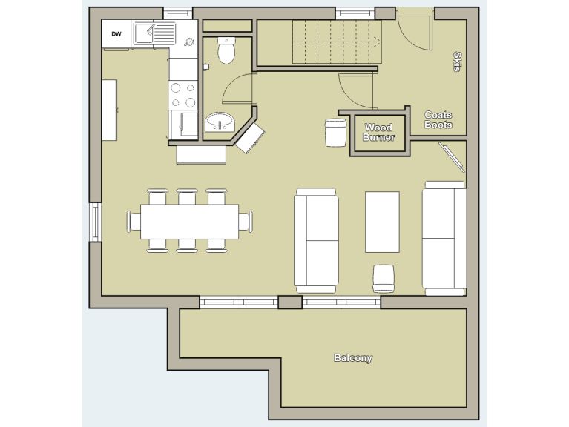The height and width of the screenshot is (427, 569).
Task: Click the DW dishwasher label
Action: coord(116,33)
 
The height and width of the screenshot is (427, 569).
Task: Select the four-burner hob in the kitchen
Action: coord(182,94)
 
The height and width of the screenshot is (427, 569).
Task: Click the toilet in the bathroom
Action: coord(227,50)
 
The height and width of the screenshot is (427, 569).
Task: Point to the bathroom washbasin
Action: coord(219,122)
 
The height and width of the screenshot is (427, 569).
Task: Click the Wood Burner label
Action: coord(378,133)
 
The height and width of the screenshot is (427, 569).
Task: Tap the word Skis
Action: coord(456,62)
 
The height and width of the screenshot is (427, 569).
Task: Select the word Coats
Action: coord(438,115)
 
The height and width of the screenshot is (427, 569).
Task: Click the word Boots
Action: coord(438,125)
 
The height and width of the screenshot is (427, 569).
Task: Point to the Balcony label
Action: coord(352,358)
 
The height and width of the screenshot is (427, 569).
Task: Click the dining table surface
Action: coord(189,222)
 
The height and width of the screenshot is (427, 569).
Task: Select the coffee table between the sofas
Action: coord(382,222)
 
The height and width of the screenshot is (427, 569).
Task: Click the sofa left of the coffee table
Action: coord(316,239)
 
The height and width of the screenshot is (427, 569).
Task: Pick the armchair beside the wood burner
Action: coord(336,133)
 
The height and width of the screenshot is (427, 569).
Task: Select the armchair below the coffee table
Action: coord(384,278)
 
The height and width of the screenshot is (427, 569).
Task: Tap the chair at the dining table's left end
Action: coord(134,222)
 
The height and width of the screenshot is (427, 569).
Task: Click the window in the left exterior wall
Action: coord(95,222)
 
